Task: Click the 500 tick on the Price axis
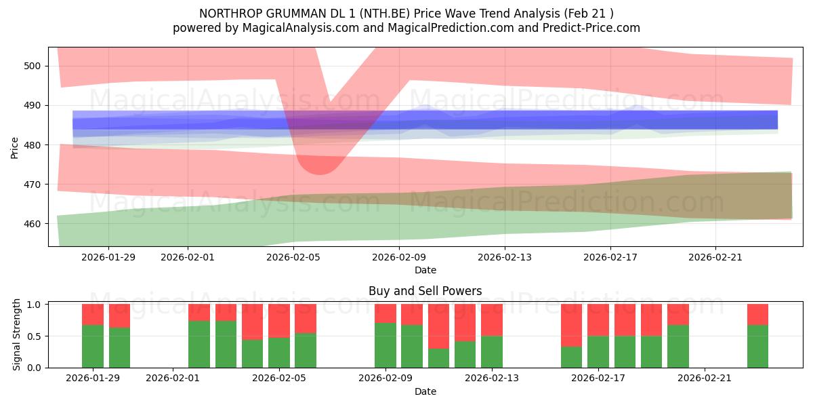[33, 66]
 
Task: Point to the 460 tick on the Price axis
[33, 224]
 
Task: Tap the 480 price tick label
[33, 145]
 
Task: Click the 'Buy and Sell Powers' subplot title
[425, 291]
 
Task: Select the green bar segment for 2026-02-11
[438, 357]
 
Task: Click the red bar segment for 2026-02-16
[571, 325]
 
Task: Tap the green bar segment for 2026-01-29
[93, 346]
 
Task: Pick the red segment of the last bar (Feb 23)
[757, 314]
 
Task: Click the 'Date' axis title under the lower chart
[425, 391]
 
